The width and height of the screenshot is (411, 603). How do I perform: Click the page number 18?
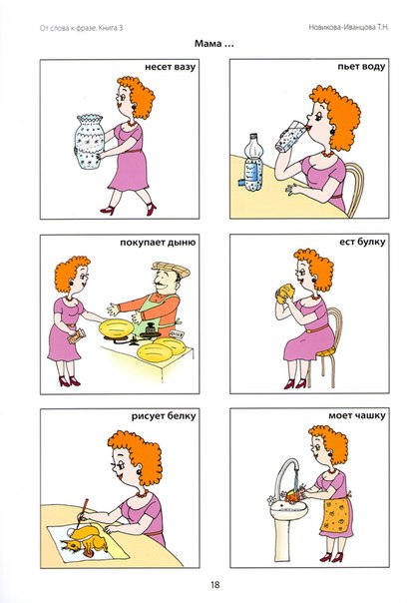pos(214,585)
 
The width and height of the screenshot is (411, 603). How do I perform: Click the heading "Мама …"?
pos(214,44)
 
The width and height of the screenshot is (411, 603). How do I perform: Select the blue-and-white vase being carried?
pos(90,141)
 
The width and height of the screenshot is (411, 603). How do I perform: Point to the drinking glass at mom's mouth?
pos(290,136)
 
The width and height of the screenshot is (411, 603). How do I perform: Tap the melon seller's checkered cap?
pos(171,269)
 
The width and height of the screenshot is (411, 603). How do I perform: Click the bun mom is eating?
pos(285,294)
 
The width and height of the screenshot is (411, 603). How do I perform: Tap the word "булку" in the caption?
pos(371,243)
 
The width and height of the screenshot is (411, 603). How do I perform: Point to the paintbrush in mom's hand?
pos(83,513)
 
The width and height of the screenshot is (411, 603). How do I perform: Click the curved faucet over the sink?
pos(285,477)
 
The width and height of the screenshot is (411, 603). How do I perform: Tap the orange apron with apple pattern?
pos(336,514)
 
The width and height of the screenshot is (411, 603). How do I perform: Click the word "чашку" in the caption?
pos(371,415)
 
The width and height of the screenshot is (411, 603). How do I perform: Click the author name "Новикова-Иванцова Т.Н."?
pos(349,27)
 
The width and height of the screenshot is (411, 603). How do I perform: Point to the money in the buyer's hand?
pos(77,336)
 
